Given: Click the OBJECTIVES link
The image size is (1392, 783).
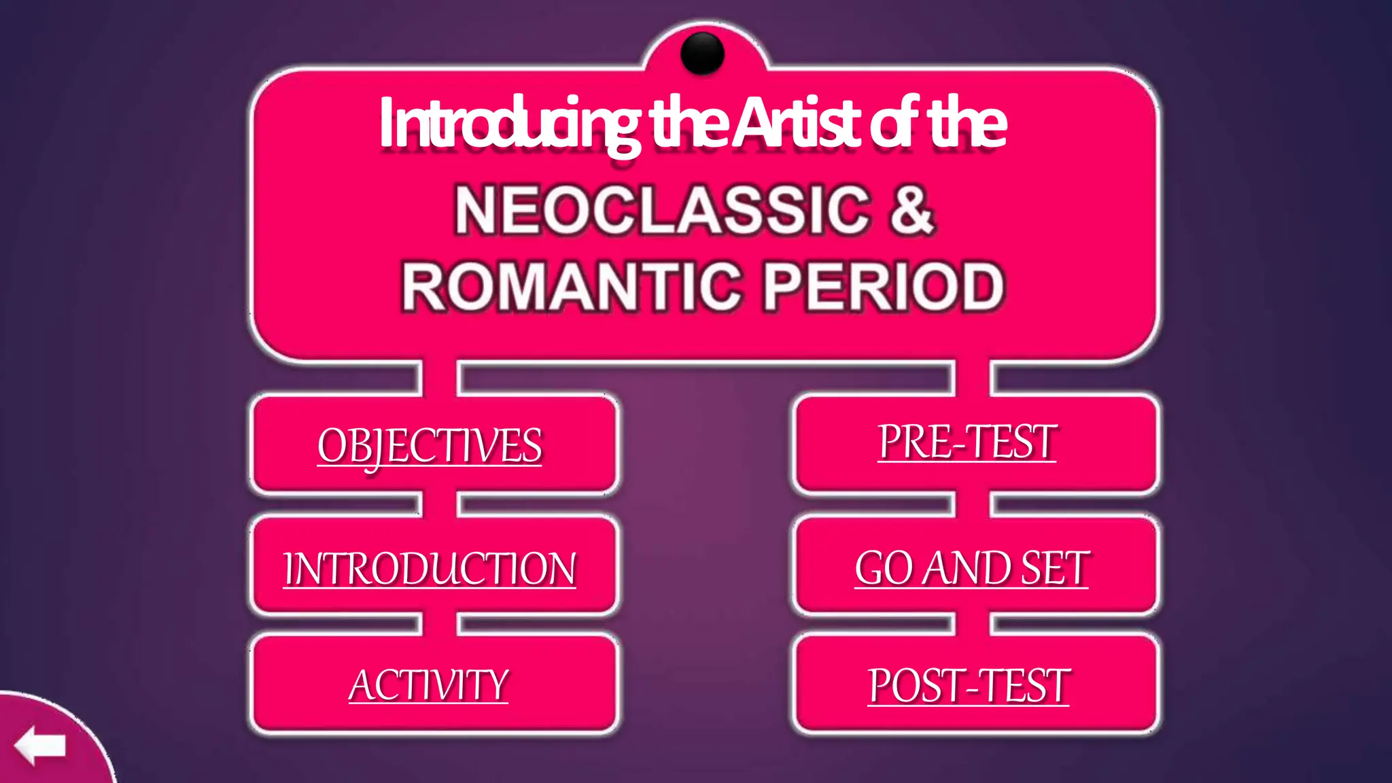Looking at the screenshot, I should pos(430,446).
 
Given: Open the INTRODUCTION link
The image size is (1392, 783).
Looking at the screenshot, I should pos(430,568).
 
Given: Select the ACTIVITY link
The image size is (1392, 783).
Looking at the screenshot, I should pos(429,684).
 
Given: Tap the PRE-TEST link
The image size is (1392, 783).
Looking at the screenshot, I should pos(967,442).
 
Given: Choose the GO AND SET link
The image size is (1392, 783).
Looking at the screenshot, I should pos(972,568).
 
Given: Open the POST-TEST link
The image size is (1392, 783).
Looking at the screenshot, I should pos(969,685).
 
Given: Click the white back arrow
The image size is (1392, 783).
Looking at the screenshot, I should pos(40,745).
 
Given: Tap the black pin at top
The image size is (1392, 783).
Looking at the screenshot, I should pos(702,52).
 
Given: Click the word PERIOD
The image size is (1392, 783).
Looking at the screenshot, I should pos(884,286).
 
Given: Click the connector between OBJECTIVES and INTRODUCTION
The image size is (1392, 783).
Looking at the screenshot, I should pos(439,504).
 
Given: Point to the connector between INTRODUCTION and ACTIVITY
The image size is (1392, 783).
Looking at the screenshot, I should pos(439,624).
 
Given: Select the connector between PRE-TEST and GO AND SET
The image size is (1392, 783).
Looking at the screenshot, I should pos(973,504).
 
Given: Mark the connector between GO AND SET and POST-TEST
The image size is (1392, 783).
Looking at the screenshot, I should pos(973,624).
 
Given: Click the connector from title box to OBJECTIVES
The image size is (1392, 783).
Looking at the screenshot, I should pos(439,378).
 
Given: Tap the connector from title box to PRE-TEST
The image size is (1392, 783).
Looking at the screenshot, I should pos(973,378).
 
